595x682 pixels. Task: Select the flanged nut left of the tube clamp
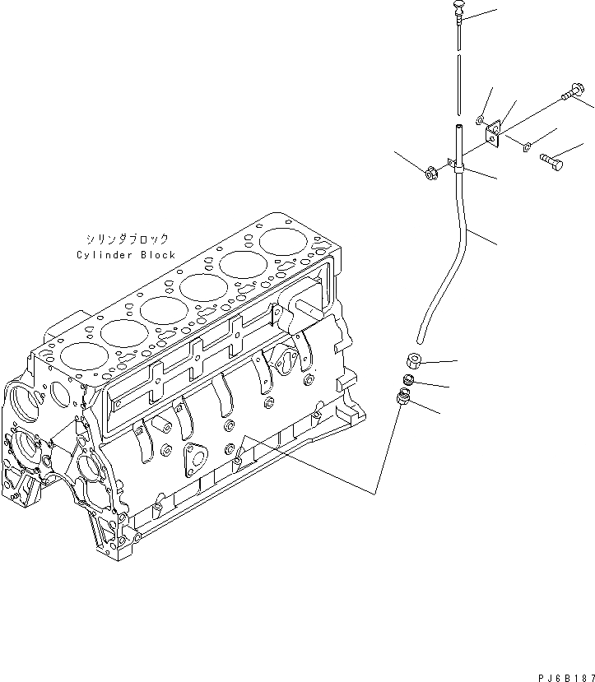(429, 174)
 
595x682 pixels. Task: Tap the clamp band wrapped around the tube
(458, 169)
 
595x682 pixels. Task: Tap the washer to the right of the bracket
(524, 146)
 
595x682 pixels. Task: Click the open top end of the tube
(458, 127)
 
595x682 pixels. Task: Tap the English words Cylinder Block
(126, 255)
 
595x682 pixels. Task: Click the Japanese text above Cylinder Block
(126, 239)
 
